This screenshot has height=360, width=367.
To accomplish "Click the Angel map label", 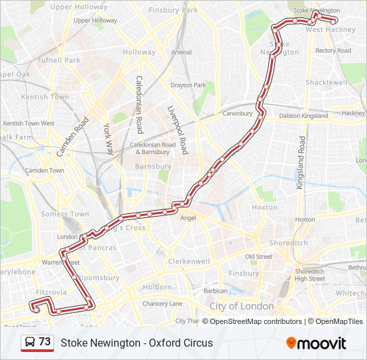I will pos(188,218).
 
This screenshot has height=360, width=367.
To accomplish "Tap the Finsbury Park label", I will pos(173,11).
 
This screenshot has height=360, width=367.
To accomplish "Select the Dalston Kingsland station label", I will pos(304,115).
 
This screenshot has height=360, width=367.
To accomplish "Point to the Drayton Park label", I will pos(188,85).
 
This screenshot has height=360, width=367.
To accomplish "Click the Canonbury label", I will pos(237,113).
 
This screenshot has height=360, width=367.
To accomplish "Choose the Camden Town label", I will pos(45,171).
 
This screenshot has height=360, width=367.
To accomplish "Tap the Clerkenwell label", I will pos(190,262).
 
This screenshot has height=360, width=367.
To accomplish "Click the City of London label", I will pos(242,306).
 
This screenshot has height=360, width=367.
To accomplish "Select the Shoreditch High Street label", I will pos(310,275).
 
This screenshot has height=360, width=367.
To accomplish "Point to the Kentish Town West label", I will pos(29,123).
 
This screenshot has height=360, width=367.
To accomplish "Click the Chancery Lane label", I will pos(161,304).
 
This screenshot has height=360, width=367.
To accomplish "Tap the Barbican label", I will pos(216,291).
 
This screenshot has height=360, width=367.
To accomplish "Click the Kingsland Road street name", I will pos(302,163).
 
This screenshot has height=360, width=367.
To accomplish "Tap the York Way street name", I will pos(107,136).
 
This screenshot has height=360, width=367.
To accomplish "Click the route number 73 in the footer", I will pos(45,342).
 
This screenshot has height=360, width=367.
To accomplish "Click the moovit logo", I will pos(316,343).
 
